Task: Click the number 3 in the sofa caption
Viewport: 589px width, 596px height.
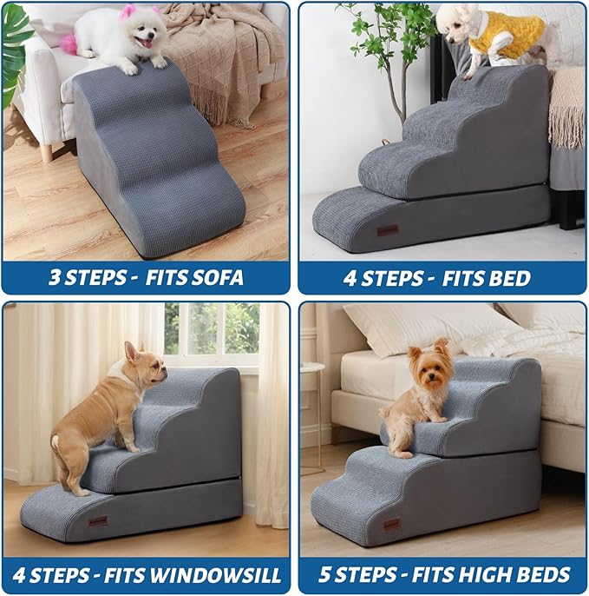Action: [x=54, y=279]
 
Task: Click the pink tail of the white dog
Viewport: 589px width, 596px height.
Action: [x=69, y=43]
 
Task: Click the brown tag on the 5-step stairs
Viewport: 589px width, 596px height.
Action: [x=392, y=525]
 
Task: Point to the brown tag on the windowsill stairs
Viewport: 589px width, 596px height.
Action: [x=98, y=521]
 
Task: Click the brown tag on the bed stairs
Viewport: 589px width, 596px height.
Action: [x=387, y=229]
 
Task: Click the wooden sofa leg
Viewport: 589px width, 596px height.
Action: [x=46, y=152]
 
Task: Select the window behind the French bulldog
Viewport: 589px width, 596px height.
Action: [x=212, y=330]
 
